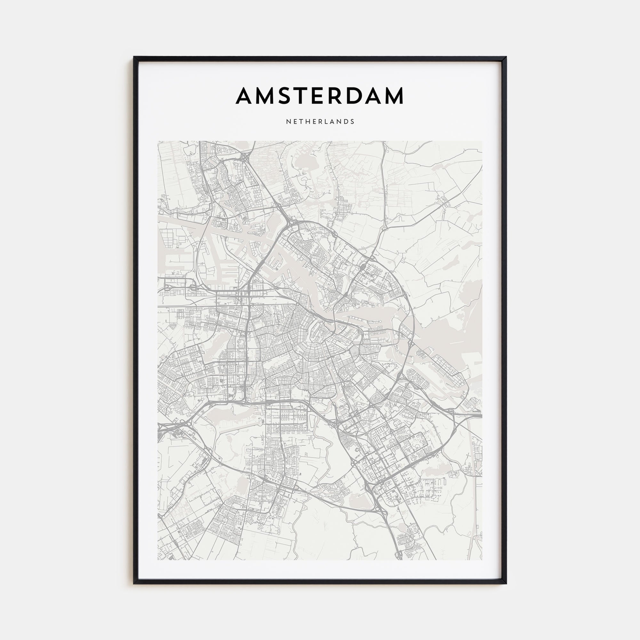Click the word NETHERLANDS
(320, 122)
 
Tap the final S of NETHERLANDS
(353, 122)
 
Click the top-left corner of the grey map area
(158, 141)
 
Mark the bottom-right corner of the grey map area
(482, 559)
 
